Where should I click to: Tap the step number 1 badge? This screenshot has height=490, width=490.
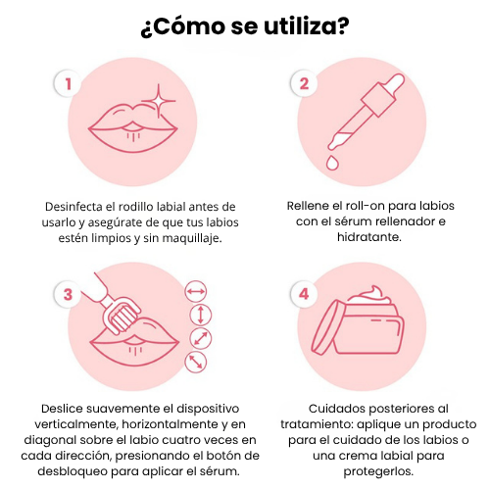tap(68, 83)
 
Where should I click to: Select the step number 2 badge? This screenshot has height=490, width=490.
tap(304, 83)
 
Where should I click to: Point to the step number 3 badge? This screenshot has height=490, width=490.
tap(68, 294)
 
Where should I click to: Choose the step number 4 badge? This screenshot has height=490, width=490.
tap(304, 294)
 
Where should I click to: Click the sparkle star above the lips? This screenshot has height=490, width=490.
tap(159, 101)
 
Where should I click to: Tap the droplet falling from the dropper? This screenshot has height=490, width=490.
tap(332, 163)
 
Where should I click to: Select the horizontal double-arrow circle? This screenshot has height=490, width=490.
tap(196, 291)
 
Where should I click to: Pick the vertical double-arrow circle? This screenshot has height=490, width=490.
tap(201, 315)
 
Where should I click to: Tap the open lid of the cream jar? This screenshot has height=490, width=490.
tap(325, 327)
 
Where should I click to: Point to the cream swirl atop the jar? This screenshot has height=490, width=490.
tap(369, 295)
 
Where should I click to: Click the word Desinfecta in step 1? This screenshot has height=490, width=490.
tap(74, 207)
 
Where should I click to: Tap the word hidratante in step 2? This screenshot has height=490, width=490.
tap(369, 237)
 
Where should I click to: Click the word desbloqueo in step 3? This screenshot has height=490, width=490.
tap(73, 471)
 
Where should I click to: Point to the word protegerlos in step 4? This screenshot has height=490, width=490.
tap(378, 471)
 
